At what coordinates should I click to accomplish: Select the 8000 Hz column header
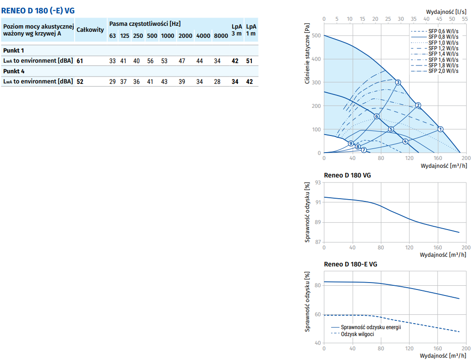tap(221, 36)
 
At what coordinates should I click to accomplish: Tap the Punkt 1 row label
tap(13, 50)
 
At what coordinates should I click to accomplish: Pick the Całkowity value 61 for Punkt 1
tap(80, 61)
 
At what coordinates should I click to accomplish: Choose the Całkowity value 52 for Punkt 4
tap(80, 82)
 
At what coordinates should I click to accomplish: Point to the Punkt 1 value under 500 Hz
tap(150, 61)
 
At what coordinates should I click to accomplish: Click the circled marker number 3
tap(398, 83)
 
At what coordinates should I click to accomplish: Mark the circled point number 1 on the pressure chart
tap(440, 129)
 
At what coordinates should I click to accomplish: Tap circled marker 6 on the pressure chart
tap(376, 117)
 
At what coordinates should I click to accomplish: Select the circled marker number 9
tap(351, 144)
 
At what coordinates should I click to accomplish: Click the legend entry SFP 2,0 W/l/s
tap(443, 71)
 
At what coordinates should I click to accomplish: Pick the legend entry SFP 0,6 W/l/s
tap(443, 31)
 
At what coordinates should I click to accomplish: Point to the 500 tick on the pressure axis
tap(317, 35)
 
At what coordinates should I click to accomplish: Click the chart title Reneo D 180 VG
tap(347, 175)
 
